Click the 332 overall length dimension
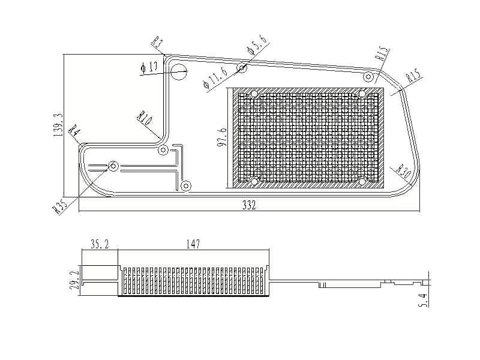249,205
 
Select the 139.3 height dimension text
58,125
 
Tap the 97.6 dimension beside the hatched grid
222,137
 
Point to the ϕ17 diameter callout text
149,67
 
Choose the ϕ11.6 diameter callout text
215,78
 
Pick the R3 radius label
157,41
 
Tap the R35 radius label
59,206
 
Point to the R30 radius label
403,172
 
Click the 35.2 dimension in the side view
100,244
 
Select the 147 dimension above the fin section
193,244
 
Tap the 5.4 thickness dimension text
423,300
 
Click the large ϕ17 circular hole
178,72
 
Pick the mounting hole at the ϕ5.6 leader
242,67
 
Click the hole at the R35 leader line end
113,166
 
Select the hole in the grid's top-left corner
254,94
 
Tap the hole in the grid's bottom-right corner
362,182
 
